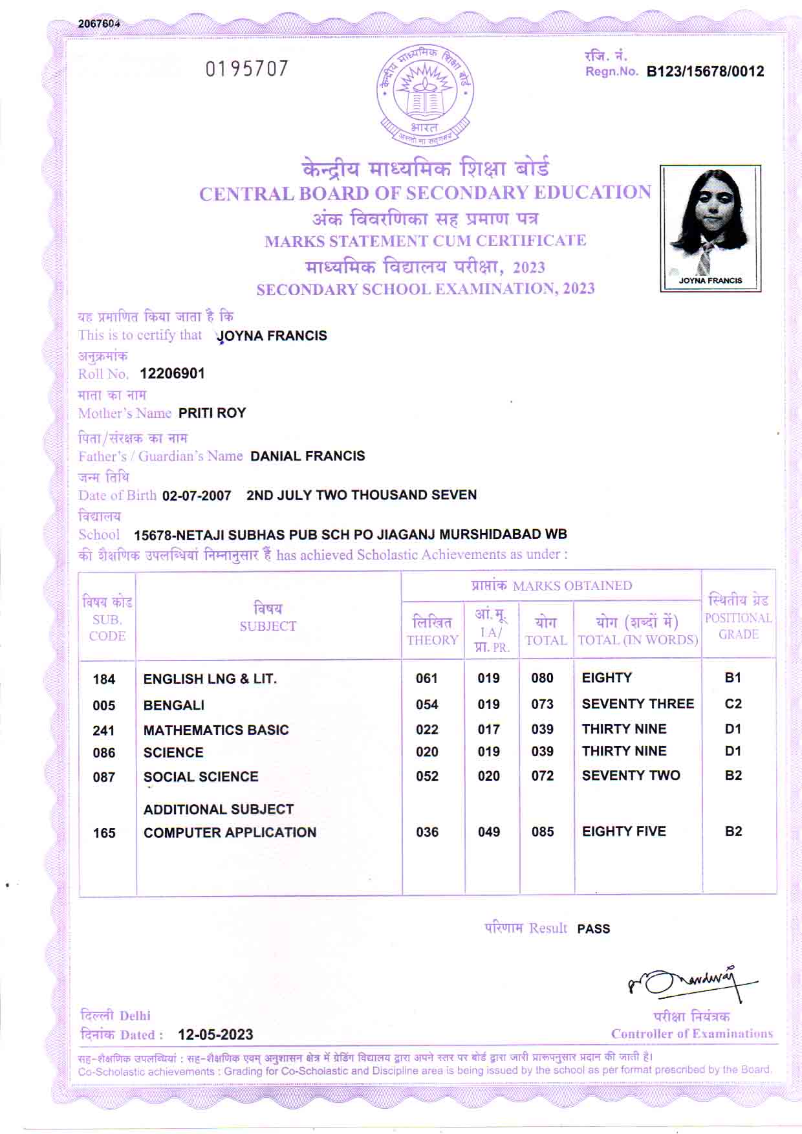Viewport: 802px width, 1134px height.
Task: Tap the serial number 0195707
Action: [246, 69]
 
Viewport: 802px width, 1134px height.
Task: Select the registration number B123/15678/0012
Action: [705, 72]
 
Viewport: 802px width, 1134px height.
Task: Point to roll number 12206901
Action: [172, 374]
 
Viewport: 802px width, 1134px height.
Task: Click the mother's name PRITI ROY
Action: [212, 413]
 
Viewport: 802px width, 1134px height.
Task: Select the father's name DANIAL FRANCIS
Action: [307, 456]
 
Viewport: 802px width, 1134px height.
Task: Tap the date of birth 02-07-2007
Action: [197, 496]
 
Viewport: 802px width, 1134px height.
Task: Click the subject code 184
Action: [103, 679]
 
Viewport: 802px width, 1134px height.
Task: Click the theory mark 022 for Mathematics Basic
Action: [427, 730]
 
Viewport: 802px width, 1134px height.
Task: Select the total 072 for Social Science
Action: [542, 776]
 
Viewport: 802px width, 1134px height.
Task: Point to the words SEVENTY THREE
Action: [638, 704]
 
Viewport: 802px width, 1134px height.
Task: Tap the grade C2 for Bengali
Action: [733, 704]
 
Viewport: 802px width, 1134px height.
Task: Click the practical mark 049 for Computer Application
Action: [488, 832]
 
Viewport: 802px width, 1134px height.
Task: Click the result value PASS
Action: [593, 929]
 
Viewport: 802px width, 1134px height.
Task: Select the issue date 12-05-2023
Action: [215, 1034]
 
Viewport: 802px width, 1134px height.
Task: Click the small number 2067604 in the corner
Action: [99, 24]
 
